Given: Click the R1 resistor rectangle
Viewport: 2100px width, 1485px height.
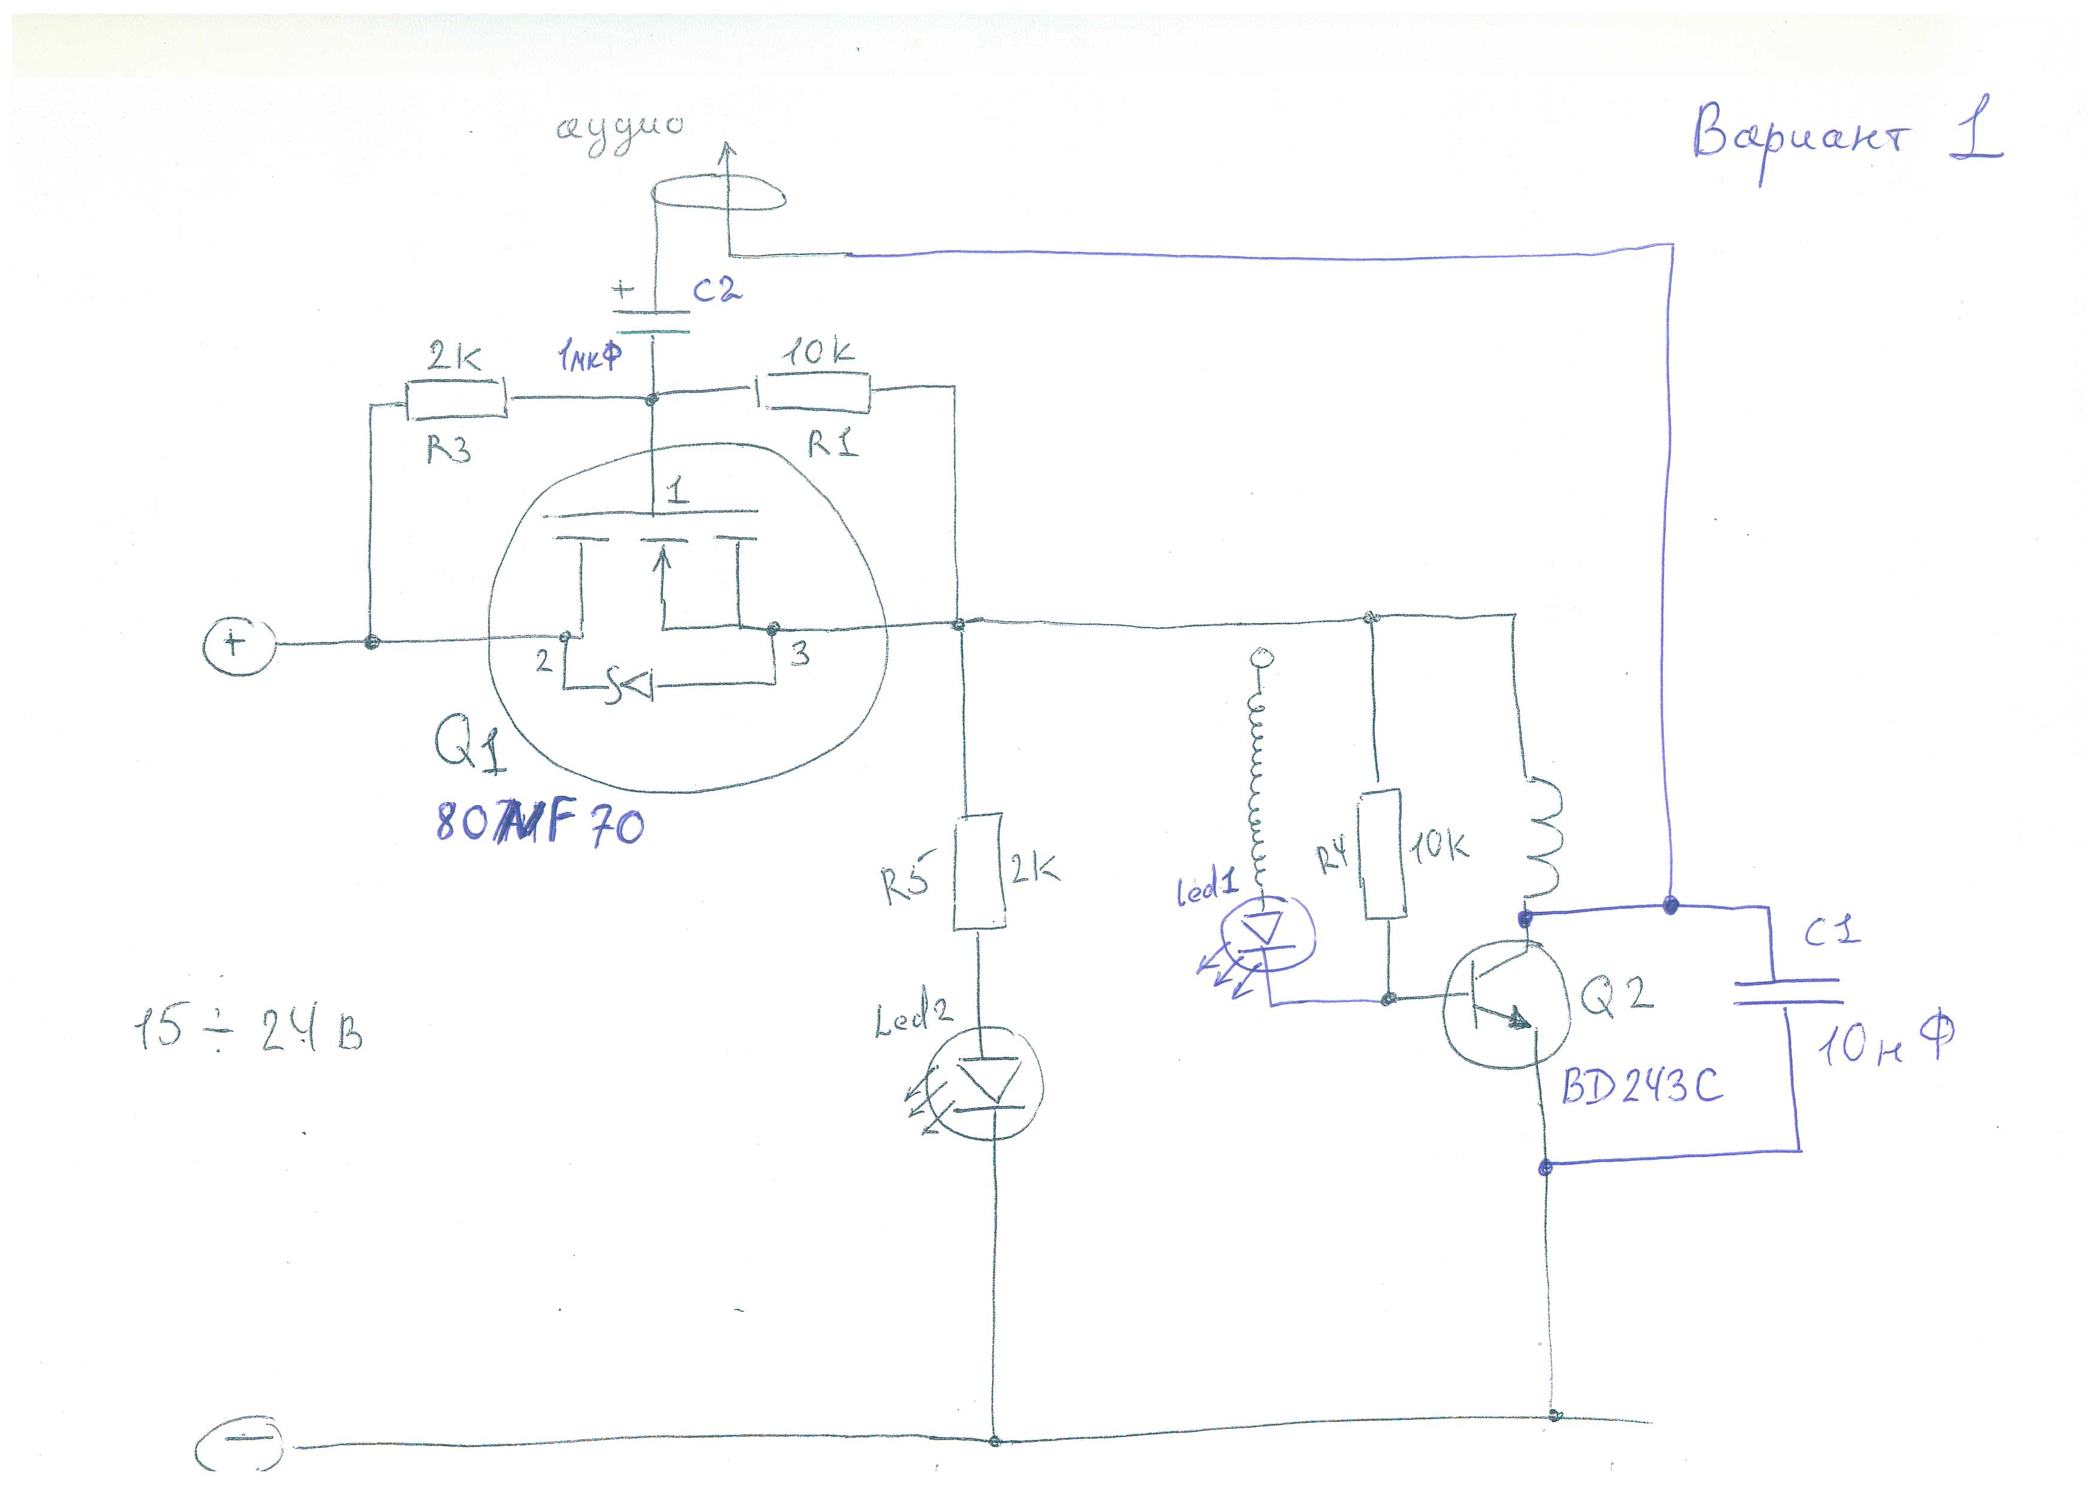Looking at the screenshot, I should [x=813, y=393].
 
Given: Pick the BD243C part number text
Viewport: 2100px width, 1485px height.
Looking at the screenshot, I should [x=1641, y=1086].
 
